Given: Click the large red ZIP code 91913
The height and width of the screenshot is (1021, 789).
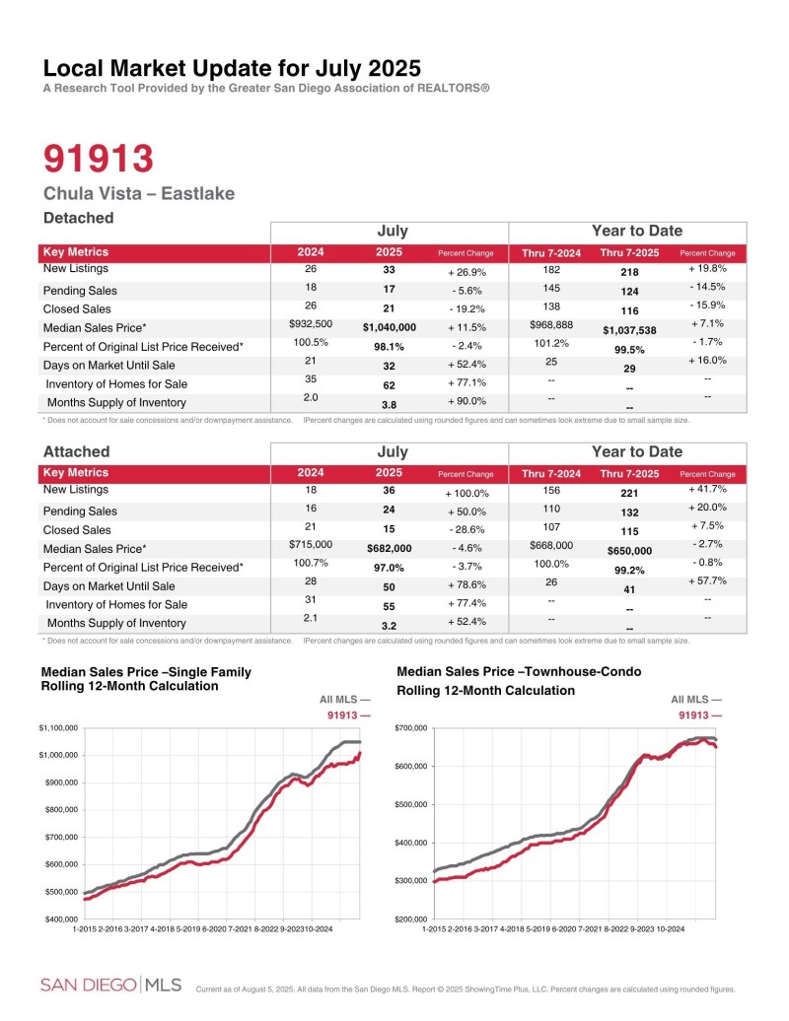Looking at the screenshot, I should (x=99, y=158).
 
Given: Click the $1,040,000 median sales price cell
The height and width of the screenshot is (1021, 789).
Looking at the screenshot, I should (x=390, y=326).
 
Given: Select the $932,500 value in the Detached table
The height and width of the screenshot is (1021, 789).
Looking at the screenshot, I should (x=311, y=323).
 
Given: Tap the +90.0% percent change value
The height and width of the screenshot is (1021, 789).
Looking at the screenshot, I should (x=466, y=403).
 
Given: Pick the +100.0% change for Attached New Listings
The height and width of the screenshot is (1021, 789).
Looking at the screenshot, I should (x=466, y=492).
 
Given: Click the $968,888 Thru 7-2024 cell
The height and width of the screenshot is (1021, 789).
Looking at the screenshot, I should (x=551, y=324).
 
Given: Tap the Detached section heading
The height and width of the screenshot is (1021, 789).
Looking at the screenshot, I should (x=79, y=218).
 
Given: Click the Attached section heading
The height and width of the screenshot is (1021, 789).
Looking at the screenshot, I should (x=76, y=451).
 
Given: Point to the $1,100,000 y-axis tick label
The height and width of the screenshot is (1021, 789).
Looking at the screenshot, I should (x=58, y=727).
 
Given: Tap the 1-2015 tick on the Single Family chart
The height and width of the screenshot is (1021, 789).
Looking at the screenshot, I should (x=89, y=928).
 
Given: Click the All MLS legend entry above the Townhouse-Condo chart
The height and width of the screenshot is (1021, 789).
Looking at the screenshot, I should (x=696, y=699).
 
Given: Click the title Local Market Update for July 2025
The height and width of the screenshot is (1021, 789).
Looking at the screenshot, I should (x=232, y=69).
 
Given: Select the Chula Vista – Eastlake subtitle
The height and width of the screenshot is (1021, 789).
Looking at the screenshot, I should (x=139, y=193).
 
